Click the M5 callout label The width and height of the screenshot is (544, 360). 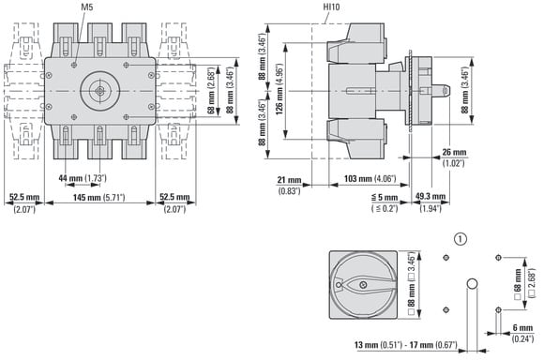86,7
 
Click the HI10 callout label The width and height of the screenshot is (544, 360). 331,7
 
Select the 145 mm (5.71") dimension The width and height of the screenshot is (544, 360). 98,198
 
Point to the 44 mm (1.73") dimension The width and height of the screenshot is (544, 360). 83,178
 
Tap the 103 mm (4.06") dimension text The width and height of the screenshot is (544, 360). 370,179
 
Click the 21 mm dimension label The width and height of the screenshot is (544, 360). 289,180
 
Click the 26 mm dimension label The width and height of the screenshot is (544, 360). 454,152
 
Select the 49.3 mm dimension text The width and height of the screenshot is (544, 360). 431,197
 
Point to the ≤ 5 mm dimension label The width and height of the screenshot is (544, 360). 385,198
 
